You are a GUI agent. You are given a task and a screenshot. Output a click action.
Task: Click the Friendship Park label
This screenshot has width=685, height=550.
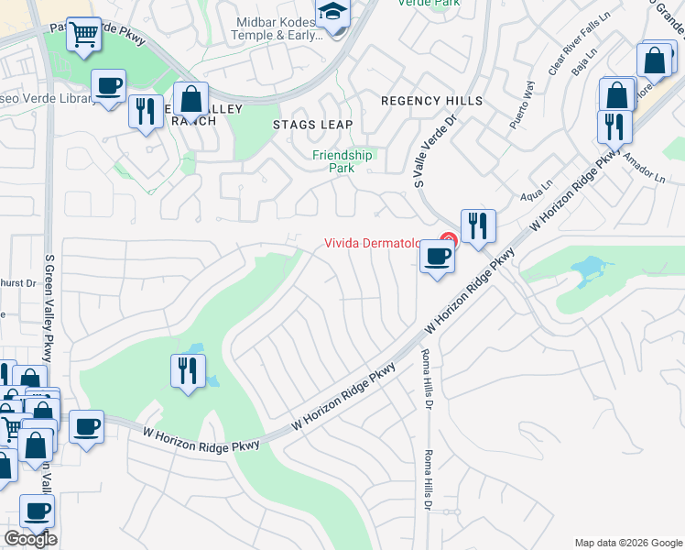tap(342, 161)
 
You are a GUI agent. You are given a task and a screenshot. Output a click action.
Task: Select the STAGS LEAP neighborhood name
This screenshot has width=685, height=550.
tap(312, 124)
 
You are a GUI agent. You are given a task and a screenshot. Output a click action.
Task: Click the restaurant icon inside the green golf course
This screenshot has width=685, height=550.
tap(187, 370)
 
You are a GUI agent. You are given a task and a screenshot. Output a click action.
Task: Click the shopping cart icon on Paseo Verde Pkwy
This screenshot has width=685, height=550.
tap(84, 36)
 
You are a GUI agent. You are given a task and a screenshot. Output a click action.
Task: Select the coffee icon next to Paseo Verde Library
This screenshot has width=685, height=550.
tap(108, 86)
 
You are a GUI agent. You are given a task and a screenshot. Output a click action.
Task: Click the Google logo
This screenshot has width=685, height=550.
tap(31, 539)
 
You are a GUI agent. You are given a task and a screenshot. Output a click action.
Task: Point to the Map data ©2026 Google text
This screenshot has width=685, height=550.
tap(628, 543)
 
